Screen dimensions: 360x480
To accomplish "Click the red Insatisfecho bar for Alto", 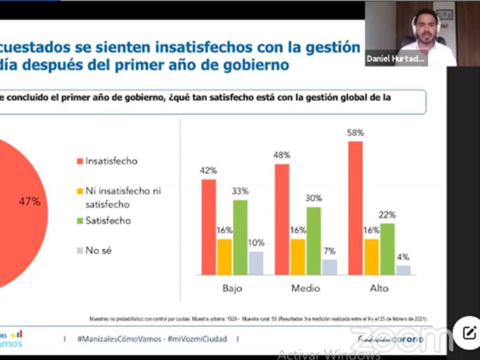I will pos(355,208).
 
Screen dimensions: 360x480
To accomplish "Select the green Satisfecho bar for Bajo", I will pos(240,237).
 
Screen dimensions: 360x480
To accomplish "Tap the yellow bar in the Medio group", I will pos(298,257).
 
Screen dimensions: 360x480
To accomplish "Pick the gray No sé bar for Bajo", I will pos(256,263).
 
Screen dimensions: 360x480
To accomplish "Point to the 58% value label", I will pos(356,133).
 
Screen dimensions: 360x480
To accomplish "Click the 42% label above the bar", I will pos(208,170).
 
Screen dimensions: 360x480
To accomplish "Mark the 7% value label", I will pos(330,251).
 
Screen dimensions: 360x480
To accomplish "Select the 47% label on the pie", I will pos(30,202).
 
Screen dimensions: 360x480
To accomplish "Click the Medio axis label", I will pos(306,288).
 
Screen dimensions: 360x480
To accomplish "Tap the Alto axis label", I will pos(379,288).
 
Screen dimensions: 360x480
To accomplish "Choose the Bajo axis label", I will pos(232,288).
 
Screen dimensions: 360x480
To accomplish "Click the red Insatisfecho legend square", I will pos(80,162).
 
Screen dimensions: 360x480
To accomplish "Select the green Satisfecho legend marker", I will pos(80,221).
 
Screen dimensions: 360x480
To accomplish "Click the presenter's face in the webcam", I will pos(426,29).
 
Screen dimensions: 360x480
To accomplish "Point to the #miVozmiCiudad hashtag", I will pos(197,339).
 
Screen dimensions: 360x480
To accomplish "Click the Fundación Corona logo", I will pos(390,339).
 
